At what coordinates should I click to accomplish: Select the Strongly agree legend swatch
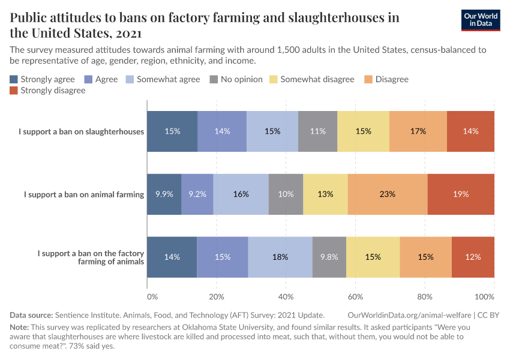[x=14, y=79]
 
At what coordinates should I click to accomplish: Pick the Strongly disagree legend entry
[x=47, y=91]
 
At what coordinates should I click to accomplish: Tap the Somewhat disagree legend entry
[x=311, y=79]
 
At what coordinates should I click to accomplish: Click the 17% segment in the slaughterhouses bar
[x=418, y=131]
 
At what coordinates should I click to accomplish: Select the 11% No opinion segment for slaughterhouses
[x=317, y=131]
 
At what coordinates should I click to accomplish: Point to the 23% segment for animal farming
[x=388, y=194]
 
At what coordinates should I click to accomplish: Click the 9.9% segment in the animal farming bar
[x=164, y=194]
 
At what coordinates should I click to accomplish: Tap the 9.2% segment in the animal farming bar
[x=197, y=194]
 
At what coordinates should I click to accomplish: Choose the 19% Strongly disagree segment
[x=461, y=194]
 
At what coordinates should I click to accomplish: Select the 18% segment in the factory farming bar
[x=280, y=257]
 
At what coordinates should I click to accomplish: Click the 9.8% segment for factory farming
[x=329, y=257]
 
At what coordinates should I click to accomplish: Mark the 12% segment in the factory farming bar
[x=473, y=257]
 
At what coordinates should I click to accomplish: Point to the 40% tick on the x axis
[x=286, y=296]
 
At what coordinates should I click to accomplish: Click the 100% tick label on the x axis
[x=484, y=296]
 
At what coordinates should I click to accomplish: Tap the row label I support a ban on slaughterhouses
[x=81, y=131]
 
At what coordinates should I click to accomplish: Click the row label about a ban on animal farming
[x=84, y=194]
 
